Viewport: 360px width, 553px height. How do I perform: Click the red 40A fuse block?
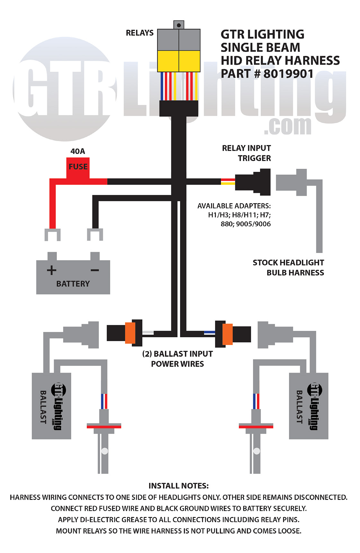point(78,167)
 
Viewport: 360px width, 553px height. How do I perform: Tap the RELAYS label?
point(139,33)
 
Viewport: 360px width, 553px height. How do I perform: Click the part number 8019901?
point(288,74)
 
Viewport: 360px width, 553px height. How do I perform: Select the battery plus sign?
point(51,270)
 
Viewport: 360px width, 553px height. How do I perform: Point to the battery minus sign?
point(95,270)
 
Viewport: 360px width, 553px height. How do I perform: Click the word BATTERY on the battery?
point(73,284)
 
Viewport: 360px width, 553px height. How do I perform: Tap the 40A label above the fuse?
point(78,151)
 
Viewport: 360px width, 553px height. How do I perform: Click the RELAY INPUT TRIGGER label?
point(247,153)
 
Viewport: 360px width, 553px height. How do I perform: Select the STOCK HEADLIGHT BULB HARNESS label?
point(288,267)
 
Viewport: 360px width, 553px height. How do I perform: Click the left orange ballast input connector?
point(130,333)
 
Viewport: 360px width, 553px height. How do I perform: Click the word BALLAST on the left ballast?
point(43,407)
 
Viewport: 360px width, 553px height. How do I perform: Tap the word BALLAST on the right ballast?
point(299,407)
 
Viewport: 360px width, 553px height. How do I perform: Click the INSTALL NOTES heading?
point(178,485)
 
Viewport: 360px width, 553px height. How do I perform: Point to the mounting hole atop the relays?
point(179,25)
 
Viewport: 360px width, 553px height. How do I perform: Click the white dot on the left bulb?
point(104,451)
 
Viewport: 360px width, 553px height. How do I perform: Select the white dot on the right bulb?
point(256,451)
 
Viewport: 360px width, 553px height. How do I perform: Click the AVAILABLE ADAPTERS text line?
point(234,206)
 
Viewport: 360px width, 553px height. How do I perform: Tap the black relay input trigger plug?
point(253,182)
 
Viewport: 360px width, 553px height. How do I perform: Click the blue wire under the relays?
point(162,86)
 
